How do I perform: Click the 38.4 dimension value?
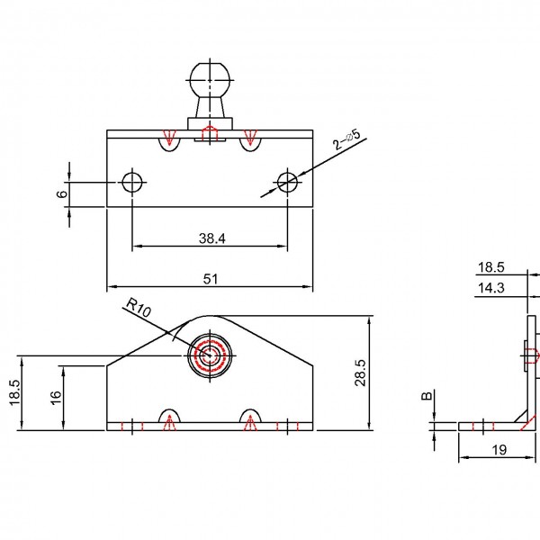pyautogui.click(x=212, y=238)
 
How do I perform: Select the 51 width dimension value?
pyautogui.click(x=211, y=279)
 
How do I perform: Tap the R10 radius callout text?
pyautogui.click(x=139, y=308)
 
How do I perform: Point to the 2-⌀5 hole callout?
pyautogui.click(x=346, y=139)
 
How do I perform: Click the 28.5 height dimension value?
pyautogui.click(x=361, y=373)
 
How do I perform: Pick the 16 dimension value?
pyautogui.click(x=56, y=398)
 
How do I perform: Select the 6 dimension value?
pyautogui.click(x=61, y=193)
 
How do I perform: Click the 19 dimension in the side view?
pyautogui.click(x=499, y=450)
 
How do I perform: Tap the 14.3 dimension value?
pyautogui.click(x=491, y=288)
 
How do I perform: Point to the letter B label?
pyautogui.click(x=427, y=396)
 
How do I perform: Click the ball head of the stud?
pyautogui.click(x=210, y=80)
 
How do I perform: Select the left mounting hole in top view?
pyautogui.click(x=132, y=182)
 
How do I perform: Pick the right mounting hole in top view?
pyautogui.click(x=288, y=182)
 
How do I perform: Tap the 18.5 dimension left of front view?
pyautogui.click(x=15, y=393)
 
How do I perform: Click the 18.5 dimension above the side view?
pyautogui.click(x=491, y=267)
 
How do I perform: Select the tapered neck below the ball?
pyautogui.click(x=210, y=108)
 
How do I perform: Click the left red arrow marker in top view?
pyautogui.click(x=169, y=137)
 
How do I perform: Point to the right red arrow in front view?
pyautogui.click(x=251, y=423)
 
